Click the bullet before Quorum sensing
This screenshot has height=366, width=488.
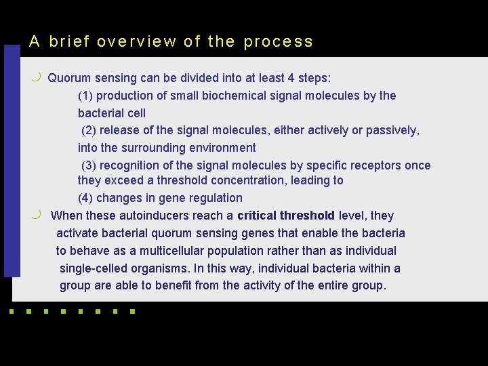point(36,77)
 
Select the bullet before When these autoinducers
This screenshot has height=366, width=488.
point(36,215)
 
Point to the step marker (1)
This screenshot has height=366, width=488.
point(87,96)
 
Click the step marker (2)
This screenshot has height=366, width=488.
point(89,130)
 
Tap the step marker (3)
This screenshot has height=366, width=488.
point(89,165)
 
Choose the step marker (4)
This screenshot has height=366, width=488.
point(86,198)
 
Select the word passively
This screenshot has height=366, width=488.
point(392,130)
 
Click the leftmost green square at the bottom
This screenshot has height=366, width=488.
point(11,312)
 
